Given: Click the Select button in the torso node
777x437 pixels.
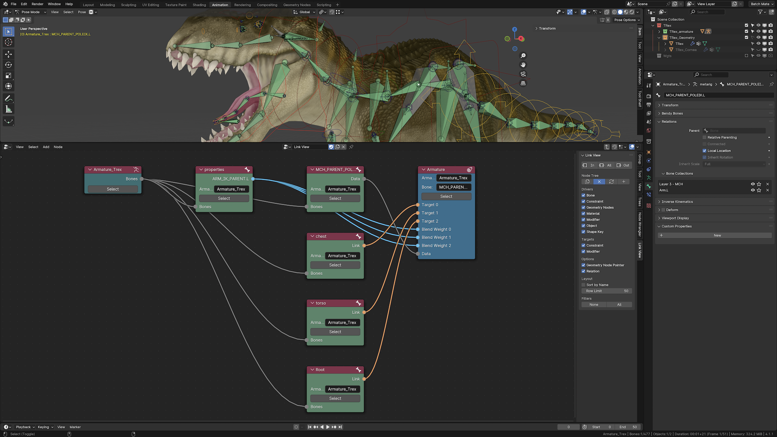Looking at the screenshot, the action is click(335, 332).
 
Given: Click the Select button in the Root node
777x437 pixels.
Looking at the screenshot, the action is click(335, 398).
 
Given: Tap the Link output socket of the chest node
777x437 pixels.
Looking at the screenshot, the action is click(364, 245).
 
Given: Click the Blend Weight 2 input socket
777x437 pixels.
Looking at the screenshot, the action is click(418, 245).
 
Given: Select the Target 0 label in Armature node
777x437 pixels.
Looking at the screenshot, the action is click(430, 205).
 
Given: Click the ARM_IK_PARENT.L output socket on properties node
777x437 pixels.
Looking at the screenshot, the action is click(253, 179).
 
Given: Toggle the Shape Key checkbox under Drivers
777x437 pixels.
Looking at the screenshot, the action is click(584, 232).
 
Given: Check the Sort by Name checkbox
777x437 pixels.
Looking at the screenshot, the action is click(584, 285).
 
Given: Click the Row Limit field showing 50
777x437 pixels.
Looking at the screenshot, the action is click(607, 291).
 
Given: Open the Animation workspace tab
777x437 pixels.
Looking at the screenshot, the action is click(220, 5).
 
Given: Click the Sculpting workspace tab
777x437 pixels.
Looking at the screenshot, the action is click(129, 5).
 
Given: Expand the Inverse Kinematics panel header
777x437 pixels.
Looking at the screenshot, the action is click(677, 202).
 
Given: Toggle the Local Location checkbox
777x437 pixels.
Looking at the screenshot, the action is click(705, 151).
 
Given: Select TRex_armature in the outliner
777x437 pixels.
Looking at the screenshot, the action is click(681, 31).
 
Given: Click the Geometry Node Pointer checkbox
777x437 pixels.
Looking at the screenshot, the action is click(584, 265).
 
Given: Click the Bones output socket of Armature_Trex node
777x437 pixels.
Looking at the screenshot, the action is click(142, 179).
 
